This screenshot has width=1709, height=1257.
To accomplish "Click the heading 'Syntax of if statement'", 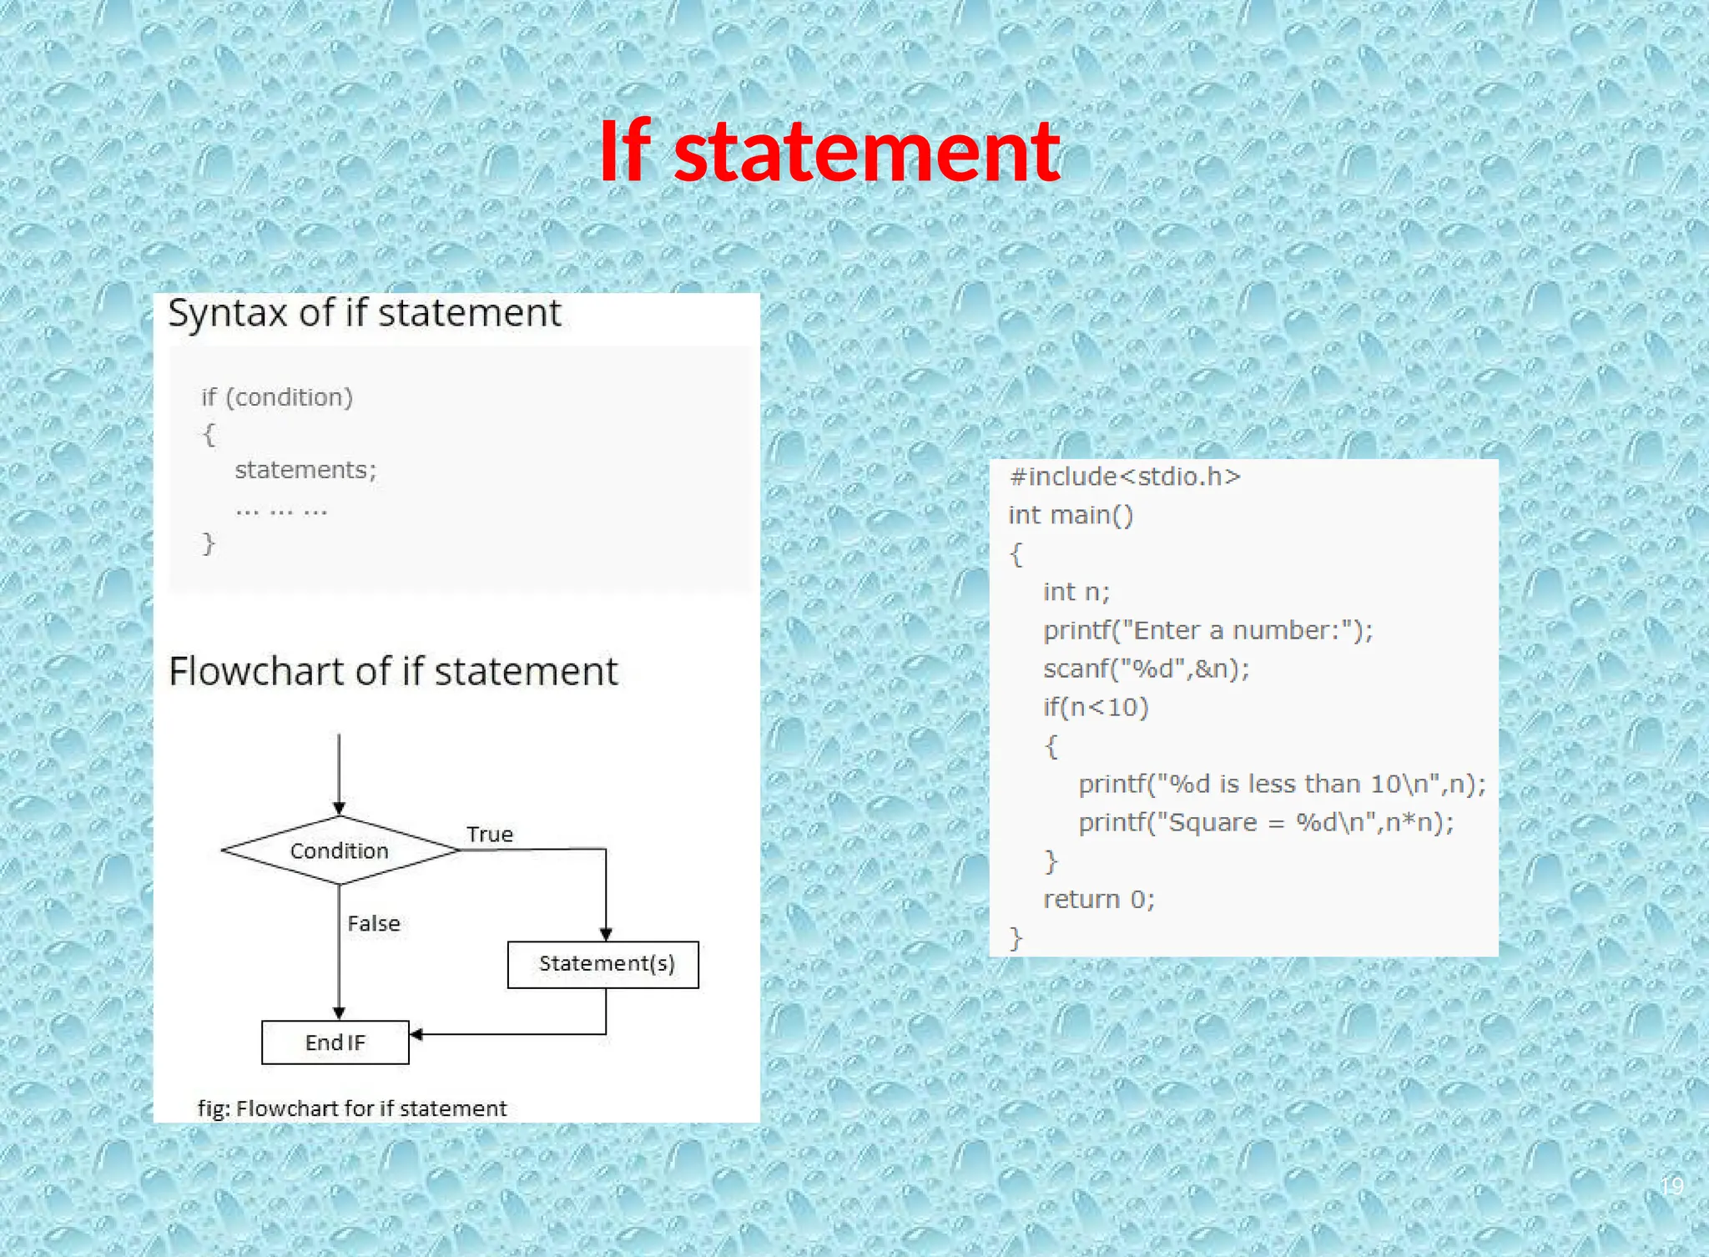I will [365, 313].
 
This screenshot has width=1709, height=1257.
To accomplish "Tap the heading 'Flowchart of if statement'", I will [393, 671].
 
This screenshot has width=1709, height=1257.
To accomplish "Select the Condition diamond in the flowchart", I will [340, 851].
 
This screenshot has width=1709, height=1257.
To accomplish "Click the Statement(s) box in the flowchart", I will [603, 964].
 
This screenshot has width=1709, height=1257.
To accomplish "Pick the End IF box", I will [335, 1042].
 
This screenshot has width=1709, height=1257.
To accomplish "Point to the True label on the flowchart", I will [490, 834].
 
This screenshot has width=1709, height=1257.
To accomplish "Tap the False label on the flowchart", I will [374, 923].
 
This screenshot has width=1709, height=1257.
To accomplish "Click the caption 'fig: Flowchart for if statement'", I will [352, 1108].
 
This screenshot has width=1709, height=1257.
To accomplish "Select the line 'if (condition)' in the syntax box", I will [277, 397].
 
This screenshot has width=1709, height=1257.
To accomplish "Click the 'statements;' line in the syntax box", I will [305, 470].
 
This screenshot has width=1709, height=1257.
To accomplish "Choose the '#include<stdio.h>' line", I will [1125, 477].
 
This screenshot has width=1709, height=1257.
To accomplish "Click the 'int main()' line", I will [1071, 515].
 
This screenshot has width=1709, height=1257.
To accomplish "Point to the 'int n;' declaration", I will [1076, 592].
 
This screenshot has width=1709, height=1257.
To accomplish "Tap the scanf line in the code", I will [1146, 669].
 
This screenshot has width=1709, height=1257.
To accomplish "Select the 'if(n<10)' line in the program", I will [1096, 707].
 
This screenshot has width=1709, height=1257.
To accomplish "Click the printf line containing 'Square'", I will [1266, 822].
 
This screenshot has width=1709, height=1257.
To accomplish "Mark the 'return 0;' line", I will [1099, 899].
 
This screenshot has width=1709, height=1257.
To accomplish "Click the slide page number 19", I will [1671, 1185].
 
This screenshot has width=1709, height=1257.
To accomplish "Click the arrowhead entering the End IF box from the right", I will [416, 1035].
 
